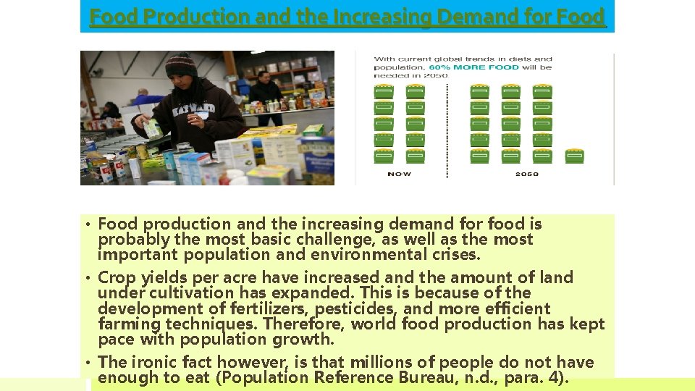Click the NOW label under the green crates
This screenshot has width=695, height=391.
(399, 174)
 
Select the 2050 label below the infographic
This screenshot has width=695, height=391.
(526, 174)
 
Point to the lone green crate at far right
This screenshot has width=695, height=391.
(574, 156)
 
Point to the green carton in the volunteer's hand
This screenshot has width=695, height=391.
(153, 129)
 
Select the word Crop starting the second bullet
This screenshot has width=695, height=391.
(116, 277)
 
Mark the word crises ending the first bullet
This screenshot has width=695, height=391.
(452, 254)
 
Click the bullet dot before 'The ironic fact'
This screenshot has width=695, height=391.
(88, 362)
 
